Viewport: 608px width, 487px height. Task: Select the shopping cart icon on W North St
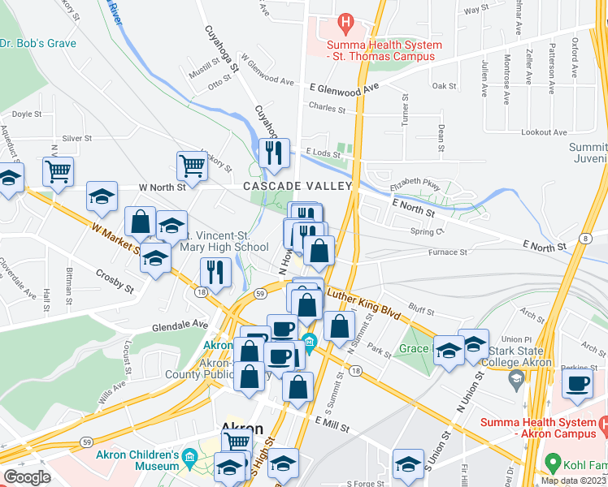click(x=193, y=166)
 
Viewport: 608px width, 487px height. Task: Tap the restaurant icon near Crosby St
click(x=214, y=272)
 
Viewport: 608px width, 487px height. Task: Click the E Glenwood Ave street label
click(x=345, y=86)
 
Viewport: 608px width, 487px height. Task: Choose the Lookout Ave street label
click(x=544, y=131)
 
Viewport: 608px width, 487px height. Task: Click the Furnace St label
click(x=448, y=252)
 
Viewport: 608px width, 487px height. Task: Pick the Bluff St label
click(x=421, y=308)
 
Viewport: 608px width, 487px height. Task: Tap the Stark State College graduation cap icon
click(x=515, y=379)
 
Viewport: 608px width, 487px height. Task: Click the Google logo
click(x=27, y=477)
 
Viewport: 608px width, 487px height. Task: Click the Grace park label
click(x=414, y=349)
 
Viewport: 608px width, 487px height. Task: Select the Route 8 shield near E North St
click(x=584, y=237)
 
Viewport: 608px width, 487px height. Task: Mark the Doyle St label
click(x=27, y=114)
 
